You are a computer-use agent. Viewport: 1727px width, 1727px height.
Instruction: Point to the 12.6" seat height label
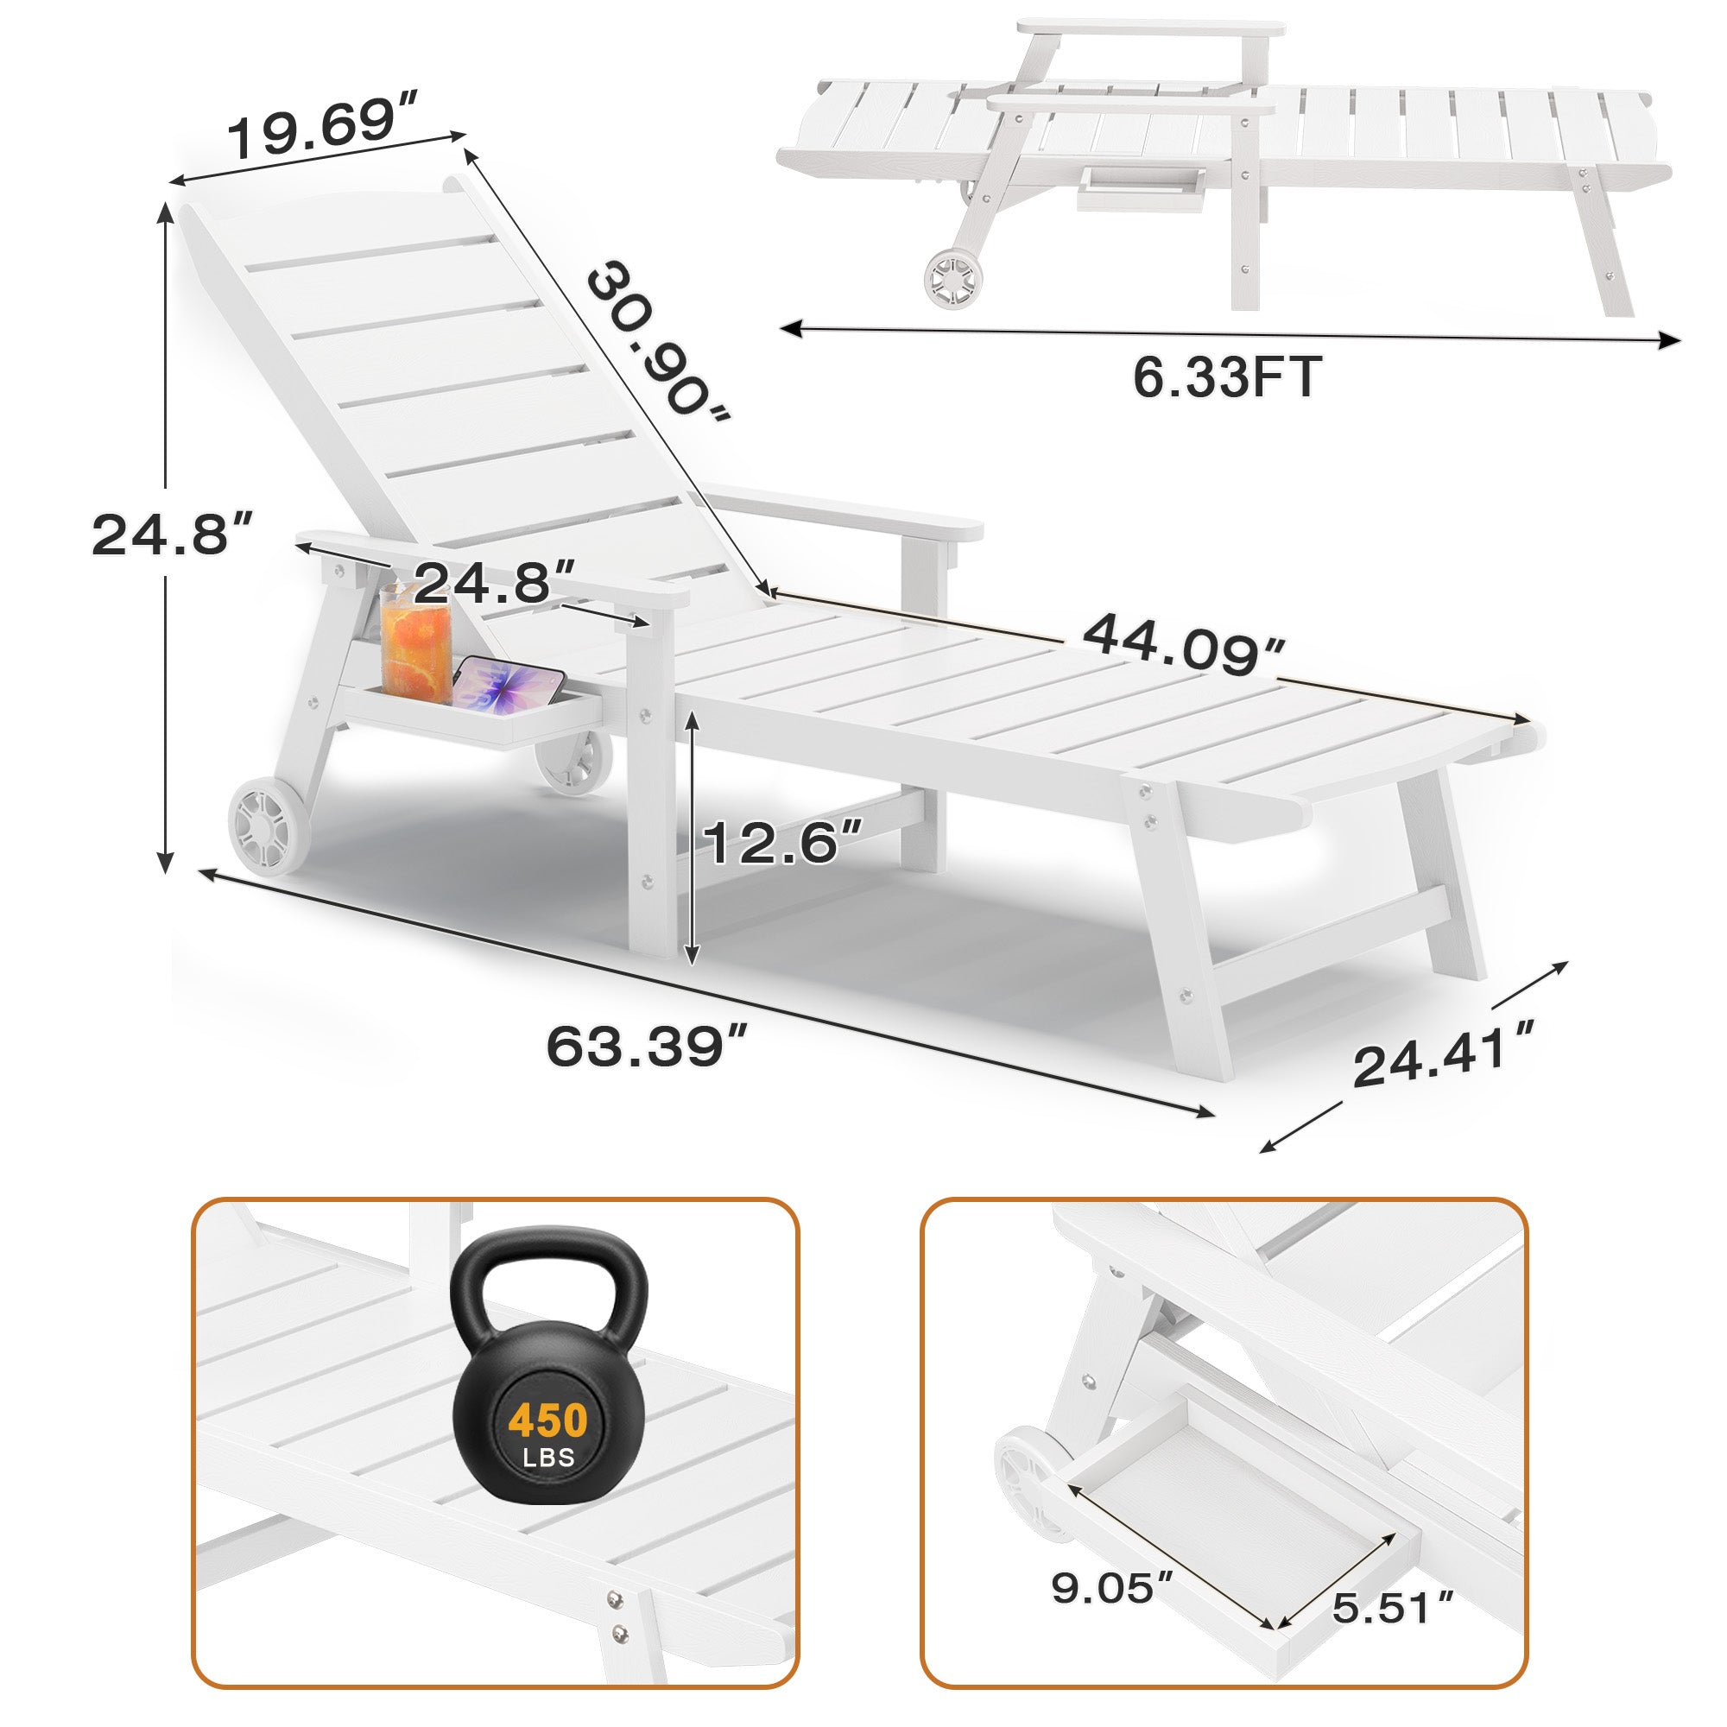783,842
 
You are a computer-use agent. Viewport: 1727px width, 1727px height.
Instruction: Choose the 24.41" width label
1445,1055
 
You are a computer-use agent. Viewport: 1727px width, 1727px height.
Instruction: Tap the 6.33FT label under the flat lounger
1226,376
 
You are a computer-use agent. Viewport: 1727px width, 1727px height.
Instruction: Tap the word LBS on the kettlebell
549,1458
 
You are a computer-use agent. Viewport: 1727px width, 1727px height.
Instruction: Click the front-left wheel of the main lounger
269,822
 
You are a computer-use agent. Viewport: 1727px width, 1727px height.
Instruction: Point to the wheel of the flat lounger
954,280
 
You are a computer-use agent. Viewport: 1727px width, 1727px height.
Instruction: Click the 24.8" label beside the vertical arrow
173,535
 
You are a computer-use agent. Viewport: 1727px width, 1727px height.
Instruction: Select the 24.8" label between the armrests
493,583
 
